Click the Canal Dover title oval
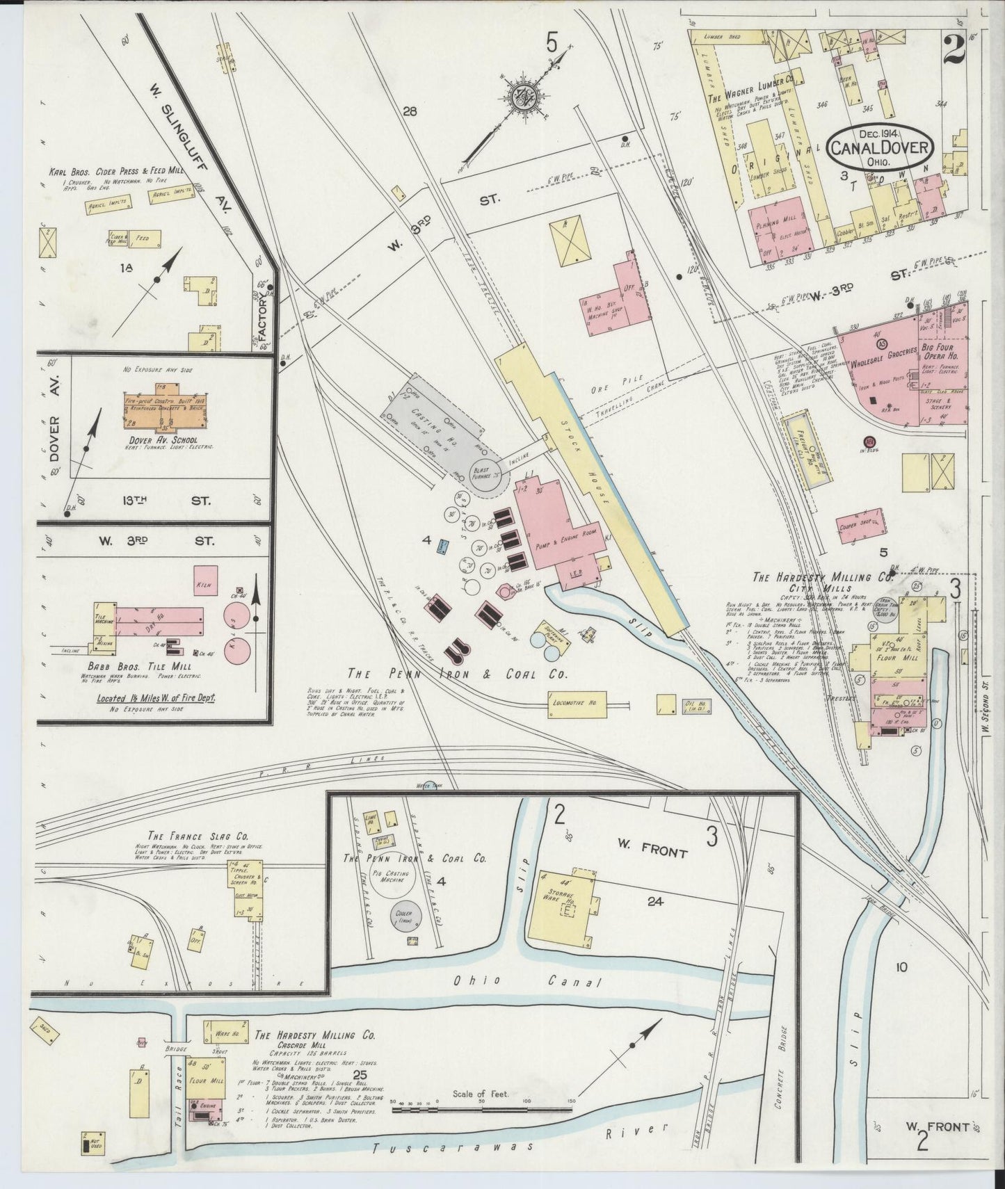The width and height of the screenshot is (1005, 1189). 881,147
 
